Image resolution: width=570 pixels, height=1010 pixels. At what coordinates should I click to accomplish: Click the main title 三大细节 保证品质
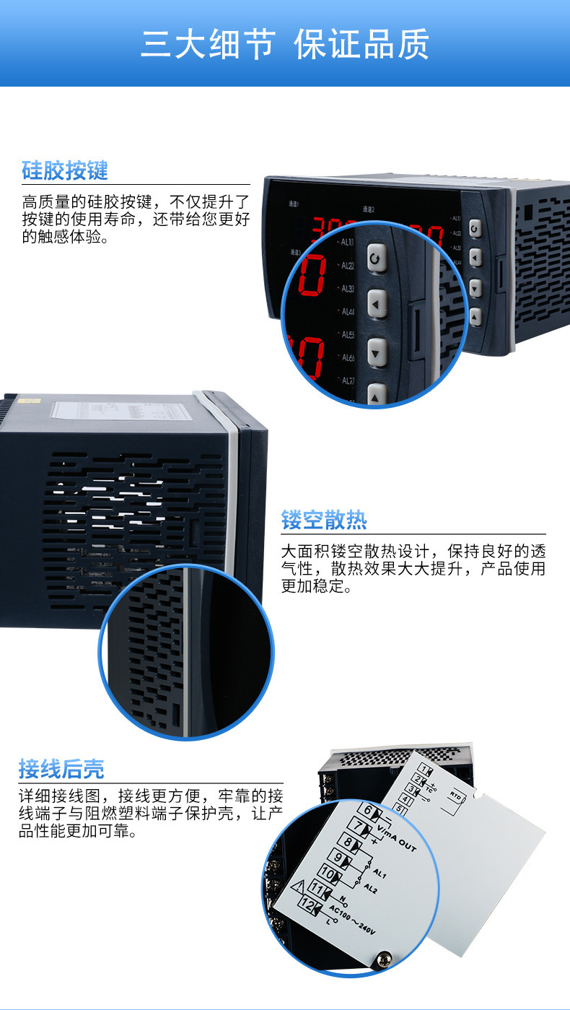pyautogui.click(x=285, y=45)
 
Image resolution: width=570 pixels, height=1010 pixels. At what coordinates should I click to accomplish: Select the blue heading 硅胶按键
pyautogui.click(x=65, y=171)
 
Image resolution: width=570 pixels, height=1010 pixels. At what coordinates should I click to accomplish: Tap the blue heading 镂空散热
pyautogui.click(x=324, y=520)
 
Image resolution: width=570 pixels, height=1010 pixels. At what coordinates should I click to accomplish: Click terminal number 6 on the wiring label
pyautogui.click(x=367, y=810)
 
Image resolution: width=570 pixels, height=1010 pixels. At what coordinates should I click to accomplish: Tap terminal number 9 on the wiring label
pyautogui.click(x=337, y=858)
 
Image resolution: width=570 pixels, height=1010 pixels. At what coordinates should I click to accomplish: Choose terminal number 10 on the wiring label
pyautogui.click(x=327, y=874)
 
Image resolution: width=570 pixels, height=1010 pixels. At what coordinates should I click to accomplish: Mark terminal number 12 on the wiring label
pyautogui.click(x=307, y=904)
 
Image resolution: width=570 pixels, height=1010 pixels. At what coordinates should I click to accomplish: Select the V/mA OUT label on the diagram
pyautogui.click(x=398, y=837)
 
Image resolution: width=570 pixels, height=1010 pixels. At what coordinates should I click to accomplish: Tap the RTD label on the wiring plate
pyautogui.click(x=455, y=793)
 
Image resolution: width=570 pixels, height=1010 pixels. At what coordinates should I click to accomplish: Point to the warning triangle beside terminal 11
pyautogui.click(x=297, y=889)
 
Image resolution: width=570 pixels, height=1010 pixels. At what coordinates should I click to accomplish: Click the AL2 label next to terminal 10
pyautogui.click(x=370, y=887)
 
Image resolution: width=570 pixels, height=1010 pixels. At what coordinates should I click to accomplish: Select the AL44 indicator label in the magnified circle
pyautogui.click(x=348, y=312)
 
